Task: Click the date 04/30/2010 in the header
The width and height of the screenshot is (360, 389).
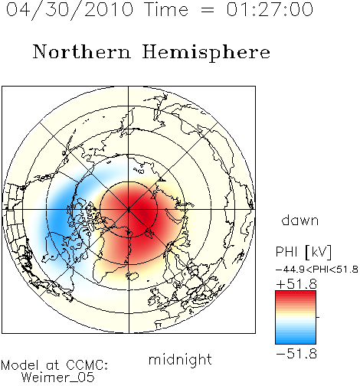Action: (x=70, y=9)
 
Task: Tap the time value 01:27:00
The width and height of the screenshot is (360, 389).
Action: (x=270, y=9)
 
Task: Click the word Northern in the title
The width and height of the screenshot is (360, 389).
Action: (x=82, y=51)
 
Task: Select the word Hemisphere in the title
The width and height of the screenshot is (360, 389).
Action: (x=206, y=53)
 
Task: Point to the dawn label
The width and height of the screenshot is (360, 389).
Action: (x=300, y=221)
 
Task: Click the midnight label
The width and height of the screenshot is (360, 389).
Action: (x=180, y=360)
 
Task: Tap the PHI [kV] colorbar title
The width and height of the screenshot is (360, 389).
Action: (x=304, y=252)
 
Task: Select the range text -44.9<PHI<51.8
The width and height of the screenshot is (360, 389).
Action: (x=317, y=270)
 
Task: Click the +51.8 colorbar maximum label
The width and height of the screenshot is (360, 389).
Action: (x=296, y=284)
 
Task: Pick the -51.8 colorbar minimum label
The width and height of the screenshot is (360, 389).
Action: (x=296, y=354)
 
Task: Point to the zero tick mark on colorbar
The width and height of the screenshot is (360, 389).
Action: (x=318, y=317)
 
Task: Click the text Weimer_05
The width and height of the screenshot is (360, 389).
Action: (x=58, y=378)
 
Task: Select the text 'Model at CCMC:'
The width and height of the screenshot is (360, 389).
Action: (x=54, y=365)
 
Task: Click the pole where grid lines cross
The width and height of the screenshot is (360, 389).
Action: (x=129, y=210)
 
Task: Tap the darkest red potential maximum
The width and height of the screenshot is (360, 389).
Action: (x=146, y=217)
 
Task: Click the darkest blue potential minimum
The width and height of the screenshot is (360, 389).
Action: (x=58, y=220)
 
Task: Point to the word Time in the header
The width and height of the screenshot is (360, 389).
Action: (x=166, y=9)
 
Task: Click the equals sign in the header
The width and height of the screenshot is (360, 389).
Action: (x=208, y=11)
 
